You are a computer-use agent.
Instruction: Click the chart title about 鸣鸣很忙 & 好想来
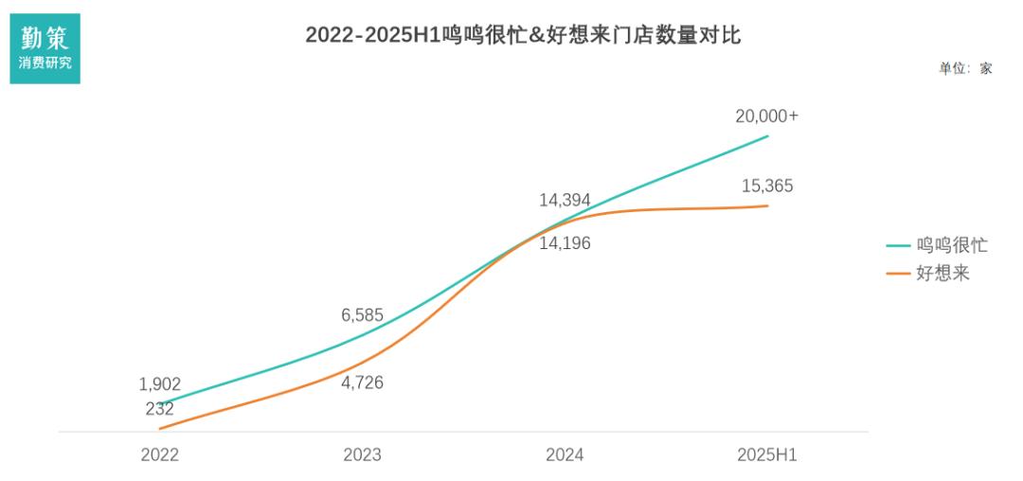pyautogui.click(x=523, y=35)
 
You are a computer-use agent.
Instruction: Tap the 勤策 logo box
pyautogui.click(x=45, y=47)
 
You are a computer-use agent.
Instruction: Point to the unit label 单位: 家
pyautogui.click(x=965, y=68)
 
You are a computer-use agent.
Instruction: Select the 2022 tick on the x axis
pyautogui.click(x=159, y=454)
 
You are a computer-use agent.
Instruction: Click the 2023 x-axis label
pyautogui.click(x=362, y=454)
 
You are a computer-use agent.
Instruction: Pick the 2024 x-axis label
pyautogui.click(x=565, y=454)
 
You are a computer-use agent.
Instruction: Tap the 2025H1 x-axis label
pyautogui.click(x=767, y=454)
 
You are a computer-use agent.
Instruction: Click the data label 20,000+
pyautogui.click(x=767, y=116)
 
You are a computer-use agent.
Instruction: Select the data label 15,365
pyautogui.click(x=767, y=186)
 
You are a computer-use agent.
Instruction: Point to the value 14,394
pyautogui.click(x=565, y=201)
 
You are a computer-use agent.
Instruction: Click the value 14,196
pyautogui.click(x=565, y=243)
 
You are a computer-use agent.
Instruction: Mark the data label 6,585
pyautogui.click(x=362, y=315)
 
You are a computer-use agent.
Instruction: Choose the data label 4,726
pyautogui.click(x=362, y=383)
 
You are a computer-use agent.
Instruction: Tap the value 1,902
pyautogui.click(x=159, y=384)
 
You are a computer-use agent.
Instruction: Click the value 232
pyautogui.click(x=159, y=409)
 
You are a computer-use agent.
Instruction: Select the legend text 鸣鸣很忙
pyautogui.click(x=951, y=245)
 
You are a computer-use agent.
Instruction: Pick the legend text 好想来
pyautogui.click(x=942, y=274)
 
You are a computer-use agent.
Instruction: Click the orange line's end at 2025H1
pyautogui.click(x=767, y=205)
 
